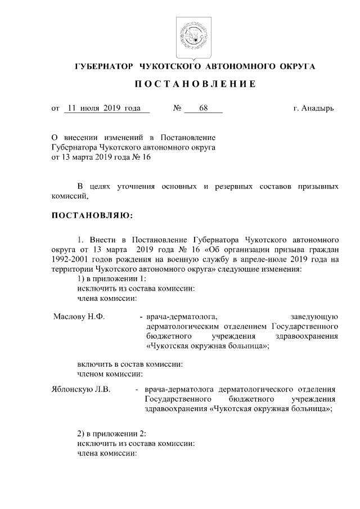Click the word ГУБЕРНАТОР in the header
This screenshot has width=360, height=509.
click(104, 66)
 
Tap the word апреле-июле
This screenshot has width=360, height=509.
click(244, 259)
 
